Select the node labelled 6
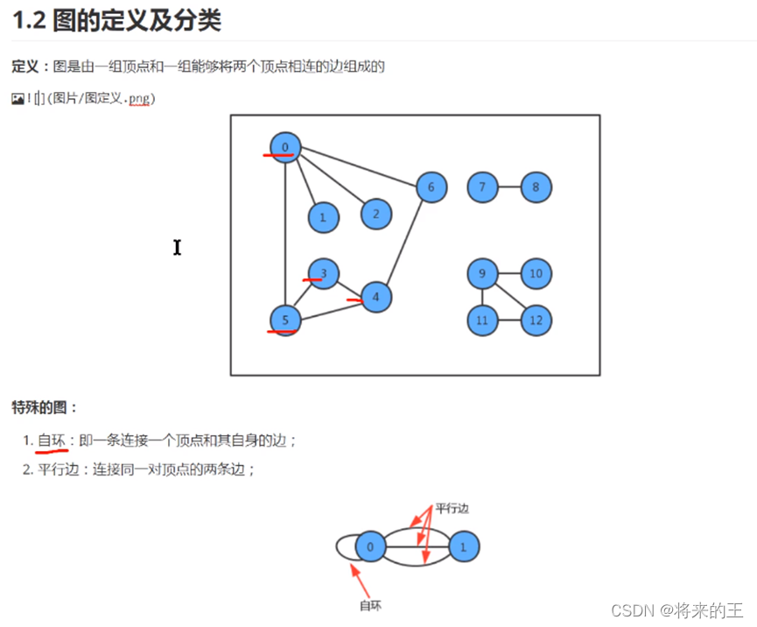point(431,187)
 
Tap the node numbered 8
point(536,187)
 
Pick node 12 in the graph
point(536,321)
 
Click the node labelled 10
point(536,274)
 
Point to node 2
point(375,213)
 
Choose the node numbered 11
point(482,321)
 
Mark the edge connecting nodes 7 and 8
point(508,187)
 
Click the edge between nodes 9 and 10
point(508,274)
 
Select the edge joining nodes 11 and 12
point(508,321)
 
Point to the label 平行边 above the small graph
point(452,508)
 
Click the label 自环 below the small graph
point(370,605)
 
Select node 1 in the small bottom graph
point(464,548)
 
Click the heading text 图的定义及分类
point(137,20)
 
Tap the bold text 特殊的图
point(45,407)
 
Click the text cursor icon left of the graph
point(177,248)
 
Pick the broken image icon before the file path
point(18,99)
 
